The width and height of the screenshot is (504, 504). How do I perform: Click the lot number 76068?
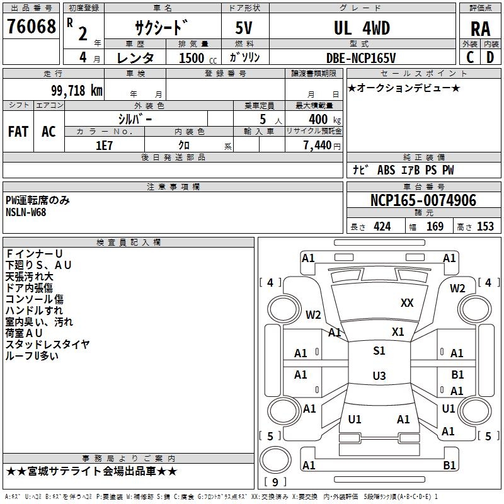[31, 27]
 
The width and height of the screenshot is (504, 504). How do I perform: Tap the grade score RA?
[480, 28]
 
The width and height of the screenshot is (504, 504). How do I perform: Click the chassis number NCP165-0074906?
[423, 200]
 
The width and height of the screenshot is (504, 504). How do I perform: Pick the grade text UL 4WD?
[361, 28]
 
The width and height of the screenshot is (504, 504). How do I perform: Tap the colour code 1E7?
[104, 144]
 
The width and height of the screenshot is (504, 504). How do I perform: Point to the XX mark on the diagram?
[407, 303]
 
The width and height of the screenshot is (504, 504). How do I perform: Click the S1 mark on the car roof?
[379, 352]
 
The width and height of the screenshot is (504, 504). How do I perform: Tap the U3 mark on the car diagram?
[379, 376]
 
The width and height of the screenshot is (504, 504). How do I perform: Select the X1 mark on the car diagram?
[398, 332]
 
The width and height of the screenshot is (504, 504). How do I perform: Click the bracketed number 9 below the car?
[275, 482]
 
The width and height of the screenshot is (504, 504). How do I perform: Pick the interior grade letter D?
[490, 57]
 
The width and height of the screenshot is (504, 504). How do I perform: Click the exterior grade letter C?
[470, 57]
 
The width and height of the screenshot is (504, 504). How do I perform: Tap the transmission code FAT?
[18, 131]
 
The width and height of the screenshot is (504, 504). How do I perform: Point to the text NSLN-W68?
[26, 212]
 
